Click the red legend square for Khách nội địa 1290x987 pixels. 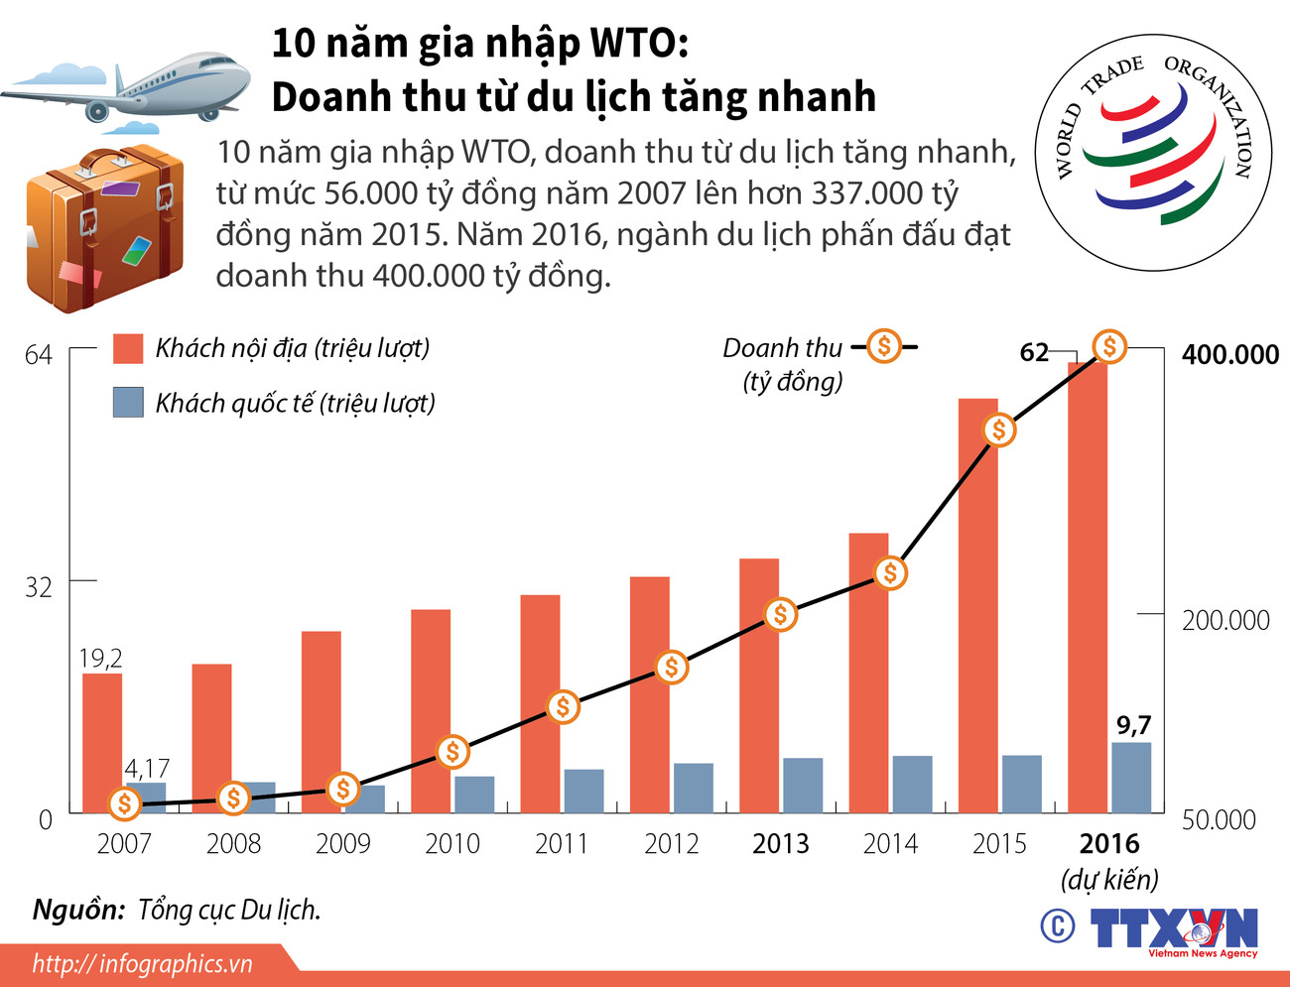tap(128, 348)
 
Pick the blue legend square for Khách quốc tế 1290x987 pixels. tap(128, 402)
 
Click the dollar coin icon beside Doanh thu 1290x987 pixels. tap(883, 346)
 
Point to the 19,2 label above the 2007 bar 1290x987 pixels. tap(101, 658)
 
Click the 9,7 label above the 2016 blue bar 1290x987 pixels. tap(1133, 725)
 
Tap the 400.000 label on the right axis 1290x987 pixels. tap(1229, 355)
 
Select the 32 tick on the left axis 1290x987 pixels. tap(38, 587)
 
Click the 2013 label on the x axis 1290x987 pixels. tap(780, 844)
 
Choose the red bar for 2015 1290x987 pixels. tap(977, 605)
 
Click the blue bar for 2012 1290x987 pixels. tap(693, 788)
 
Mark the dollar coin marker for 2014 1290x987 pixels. tap(890, 573)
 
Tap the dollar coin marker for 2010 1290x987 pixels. tap(452, 752)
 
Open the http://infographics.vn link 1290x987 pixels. tap(142, 963)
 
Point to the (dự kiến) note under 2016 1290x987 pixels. tap(1109, 880)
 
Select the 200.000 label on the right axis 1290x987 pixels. tap(1225, 621)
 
